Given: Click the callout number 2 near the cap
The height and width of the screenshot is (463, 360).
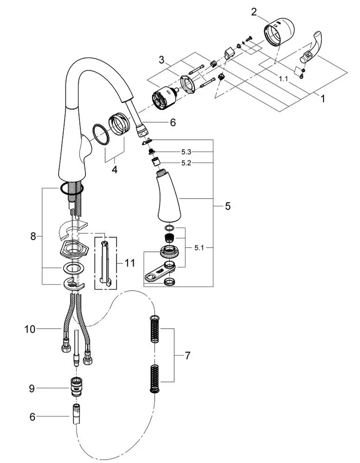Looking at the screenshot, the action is click(254, 12).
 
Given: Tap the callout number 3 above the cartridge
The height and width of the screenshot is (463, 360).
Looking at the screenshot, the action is click(162, 60).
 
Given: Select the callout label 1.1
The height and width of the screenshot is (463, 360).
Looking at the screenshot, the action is click(283, 79).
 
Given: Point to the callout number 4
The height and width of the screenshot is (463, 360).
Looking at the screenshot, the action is click(115, 169).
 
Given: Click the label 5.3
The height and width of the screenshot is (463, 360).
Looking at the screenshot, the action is click(186, 152).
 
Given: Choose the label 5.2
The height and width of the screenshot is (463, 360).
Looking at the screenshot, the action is click(186, 163).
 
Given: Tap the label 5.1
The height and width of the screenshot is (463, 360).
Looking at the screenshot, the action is click(199, 248).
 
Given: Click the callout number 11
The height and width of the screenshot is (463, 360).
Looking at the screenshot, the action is click(130, 263).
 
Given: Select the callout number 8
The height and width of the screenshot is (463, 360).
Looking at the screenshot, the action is click(33, 236).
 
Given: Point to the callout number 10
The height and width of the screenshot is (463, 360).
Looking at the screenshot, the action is click(30, 329).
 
